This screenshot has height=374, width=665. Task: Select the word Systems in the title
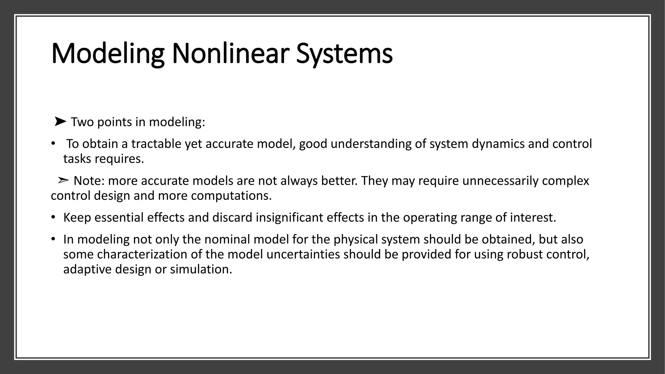pos(344,54)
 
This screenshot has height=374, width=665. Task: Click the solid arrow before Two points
pos(60,122)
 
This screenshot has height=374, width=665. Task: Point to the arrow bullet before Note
pos(63,180)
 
